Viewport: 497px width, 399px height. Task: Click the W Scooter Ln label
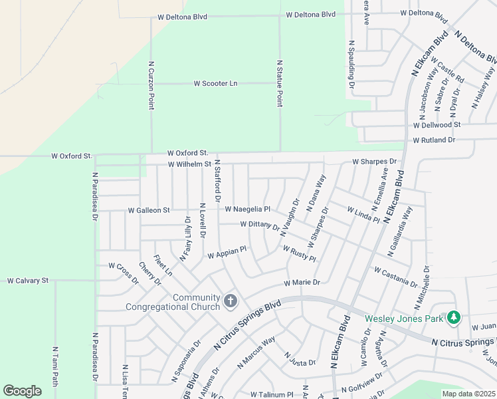[215, 83]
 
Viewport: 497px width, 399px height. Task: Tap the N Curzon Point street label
[151, 85]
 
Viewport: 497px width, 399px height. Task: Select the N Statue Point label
[279, 83]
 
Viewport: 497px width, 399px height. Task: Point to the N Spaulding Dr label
[351, 65]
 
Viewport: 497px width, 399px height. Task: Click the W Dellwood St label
[437, 124]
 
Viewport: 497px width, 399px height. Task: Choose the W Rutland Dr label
[433, 140]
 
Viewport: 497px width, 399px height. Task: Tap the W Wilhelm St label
[189, 164]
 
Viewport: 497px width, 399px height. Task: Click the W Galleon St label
[149, 210]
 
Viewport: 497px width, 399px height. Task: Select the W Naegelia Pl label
[247, 209]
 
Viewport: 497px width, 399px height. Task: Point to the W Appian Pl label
[227, 252]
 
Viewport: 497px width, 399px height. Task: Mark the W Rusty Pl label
[299, 253]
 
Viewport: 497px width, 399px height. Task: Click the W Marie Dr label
[302, 282]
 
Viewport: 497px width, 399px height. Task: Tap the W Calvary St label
[28, 281]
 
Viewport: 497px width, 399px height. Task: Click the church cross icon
[230, 302]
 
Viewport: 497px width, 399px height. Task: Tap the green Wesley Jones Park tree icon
[453, 317]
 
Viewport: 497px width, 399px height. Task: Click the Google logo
[22, 390]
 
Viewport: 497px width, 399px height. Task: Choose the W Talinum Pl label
[272, 394]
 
